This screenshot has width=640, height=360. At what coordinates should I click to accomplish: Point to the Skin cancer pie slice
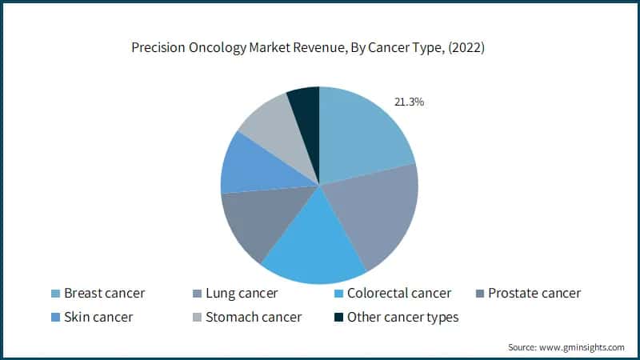pos(252,164)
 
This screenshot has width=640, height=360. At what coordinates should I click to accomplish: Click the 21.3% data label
pos(409,102)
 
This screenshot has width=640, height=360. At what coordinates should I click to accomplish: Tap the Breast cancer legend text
pos(105,294)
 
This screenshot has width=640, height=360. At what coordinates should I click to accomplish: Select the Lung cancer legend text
pos(241,294)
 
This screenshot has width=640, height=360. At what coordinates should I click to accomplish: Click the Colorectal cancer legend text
pos(395,294)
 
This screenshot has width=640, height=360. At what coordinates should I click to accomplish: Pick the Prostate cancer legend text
pos(534,294)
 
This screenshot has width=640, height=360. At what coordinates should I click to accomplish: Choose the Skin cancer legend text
pos(98,317)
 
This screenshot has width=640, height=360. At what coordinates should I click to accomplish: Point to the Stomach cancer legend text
pos(254,317)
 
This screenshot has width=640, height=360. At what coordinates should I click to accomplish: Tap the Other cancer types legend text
pos(402,317)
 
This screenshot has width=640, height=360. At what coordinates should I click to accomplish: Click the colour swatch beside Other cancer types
pos(340,318)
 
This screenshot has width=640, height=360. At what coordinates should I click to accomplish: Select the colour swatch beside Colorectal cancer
pos(339,294)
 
